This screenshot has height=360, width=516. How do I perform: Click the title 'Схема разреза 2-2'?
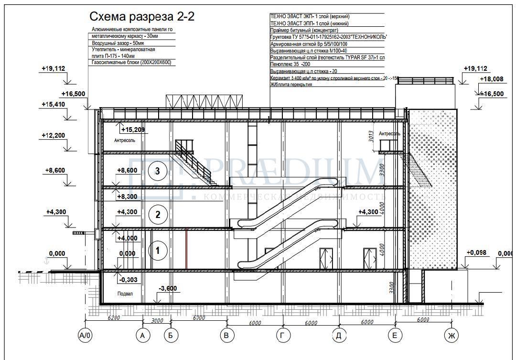(x=142, y=17)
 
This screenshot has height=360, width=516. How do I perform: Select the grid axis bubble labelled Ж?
(x=450, y=336)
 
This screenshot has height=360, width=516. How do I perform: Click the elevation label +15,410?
(x=53, y=104)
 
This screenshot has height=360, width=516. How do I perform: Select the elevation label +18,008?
(x=492, y=79)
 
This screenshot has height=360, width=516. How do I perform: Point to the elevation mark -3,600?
(x=168, y=288)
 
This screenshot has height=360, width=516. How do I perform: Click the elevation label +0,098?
(x=476, y=252)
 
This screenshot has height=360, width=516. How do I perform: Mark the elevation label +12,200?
(x=53, y=136)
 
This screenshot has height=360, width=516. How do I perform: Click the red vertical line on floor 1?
(x=186, y=249)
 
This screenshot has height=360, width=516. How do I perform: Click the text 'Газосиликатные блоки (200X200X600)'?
(x=131, y=63)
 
